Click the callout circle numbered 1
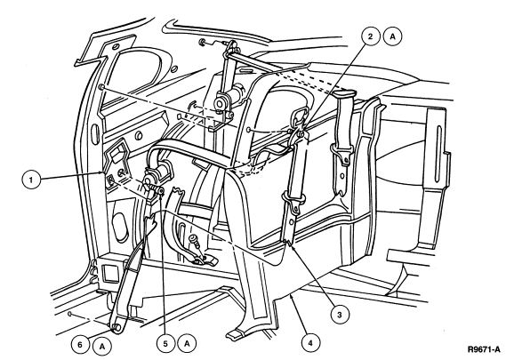click(31, 180)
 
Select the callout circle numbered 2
click(370, 36)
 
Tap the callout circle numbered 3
click(340, 315)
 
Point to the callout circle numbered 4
click(310, 342)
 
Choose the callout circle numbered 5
click(166, 343)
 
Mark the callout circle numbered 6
click(80, 345)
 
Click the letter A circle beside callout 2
click(392, 36)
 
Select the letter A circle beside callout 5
click(188, 343)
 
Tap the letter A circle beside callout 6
click(102, 347)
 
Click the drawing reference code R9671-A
click(484, 349)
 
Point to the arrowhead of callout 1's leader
click(102, 173)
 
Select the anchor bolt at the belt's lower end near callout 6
click(116, 328)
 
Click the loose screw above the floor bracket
click(195, 242)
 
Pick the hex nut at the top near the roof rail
click(203, 42)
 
